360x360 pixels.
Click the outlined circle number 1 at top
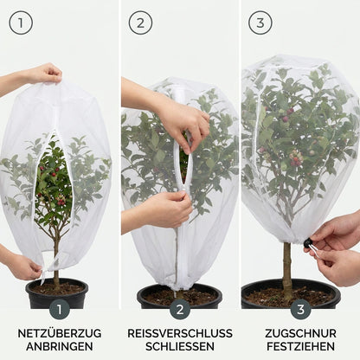(21, 23)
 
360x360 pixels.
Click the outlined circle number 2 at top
(140, 23)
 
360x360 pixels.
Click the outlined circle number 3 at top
(260, 23)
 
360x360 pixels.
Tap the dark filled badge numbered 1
(60, 310)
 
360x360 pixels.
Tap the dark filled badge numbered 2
(180, 310)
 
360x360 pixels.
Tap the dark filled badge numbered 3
(300, 310)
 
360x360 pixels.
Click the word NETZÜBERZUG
(60, 333)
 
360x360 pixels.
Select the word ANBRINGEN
(60, 346)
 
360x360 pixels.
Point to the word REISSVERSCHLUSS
(180, 333)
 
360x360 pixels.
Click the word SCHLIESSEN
(180, 346)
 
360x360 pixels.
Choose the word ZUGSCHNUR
(300, 333)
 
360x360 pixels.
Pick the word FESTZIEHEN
(300, 346)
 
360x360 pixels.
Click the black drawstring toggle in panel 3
(308, 242)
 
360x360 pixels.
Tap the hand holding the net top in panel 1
(43, 74)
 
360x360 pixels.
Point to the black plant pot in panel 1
(57, 292)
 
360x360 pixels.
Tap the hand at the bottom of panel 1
(22, 267)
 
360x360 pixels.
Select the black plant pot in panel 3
(291, 293)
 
